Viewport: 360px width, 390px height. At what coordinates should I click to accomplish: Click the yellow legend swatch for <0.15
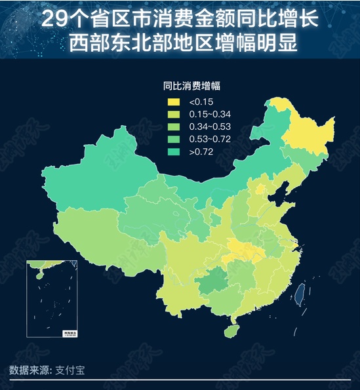coord(173,102)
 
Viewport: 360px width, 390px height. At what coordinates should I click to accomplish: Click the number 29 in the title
coord(54,18)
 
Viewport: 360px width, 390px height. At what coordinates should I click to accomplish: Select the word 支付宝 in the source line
coord(71,370)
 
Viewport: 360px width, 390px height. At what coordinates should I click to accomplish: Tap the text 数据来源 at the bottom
coord(30,370)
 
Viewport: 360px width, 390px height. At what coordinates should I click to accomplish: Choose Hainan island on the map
coord(231,331)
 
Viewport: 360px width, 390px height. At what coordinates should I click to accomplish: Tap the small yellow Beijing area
coord(261,189)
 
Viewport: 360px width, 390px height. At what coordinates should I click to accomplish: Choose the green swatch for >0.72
coord(173,152)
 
